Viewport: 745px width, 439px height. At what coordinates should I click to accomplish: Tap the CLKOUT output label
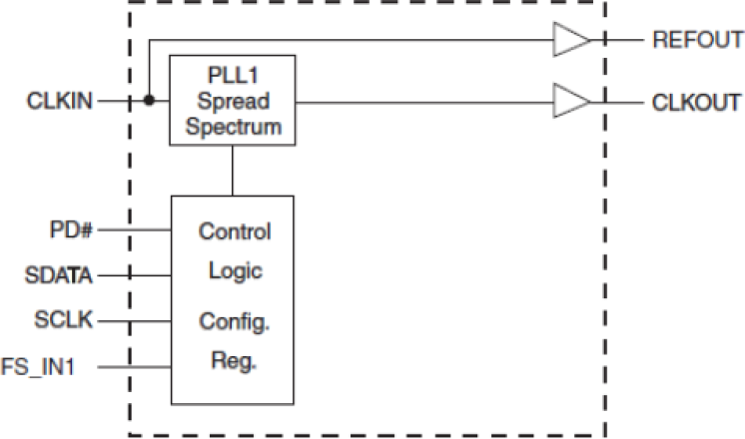pos(695,101)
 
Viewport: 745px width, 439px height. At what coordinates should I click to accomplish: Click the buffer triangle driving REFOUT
pos(571,41)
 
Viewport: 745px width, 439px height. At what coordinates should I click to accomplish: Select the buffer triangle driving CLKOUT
pos(571,101)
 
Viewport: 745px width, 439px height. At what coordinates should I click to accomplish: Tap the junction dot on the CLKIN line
pos(148,101)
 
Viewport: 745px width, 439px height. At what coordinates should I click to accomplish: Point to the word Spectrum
pos(233,126)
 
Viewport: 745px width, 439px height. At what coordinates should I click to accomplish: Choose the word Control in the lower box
pos(235,232)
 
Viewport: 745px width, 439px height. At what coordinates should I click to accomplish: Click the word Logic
pos(234,270)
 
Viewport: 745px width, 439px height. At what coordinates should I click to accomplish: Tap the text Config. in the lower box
pos(234,321)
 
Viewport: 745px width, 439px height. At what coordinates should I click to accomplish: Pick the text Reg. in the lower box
pos(234,359)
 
